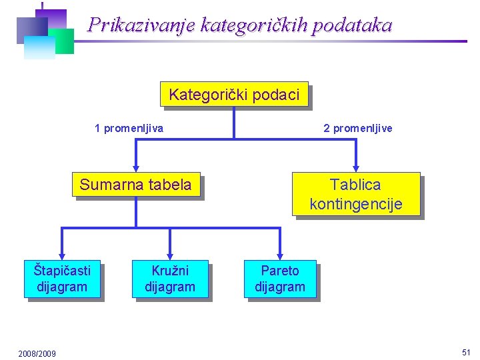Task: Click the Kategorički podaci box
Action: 234,95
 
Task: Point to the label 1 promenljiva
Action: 129,128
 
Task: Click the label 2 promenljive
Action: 358,128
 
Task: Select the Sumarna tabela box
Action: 135,185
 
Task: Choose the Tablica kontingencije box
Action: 356,194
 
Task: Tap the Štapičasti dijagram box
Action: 62,279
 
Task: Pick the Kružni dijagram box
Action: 170,279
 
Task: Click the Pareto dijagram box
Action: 280,279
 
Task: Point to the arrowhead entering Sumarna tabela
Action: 136,168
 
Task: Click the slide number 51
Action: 465,352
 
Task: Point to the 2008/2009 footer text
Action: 37,353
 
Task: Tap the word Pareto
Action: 280,271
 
